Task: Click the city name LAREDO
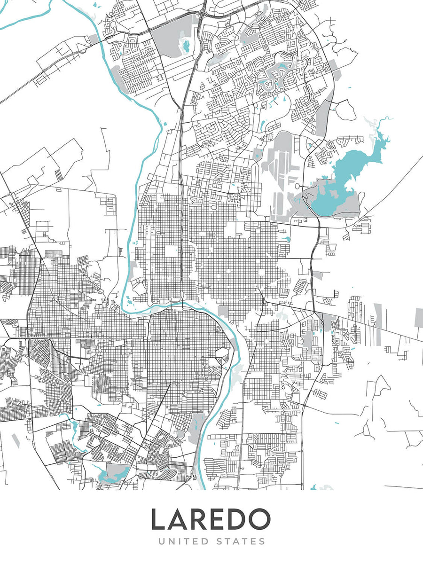[x=211, y=519]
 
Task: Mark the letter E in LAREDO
[x=219, y=519]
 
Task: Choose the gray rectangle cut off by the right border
[x=418, y=317]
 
